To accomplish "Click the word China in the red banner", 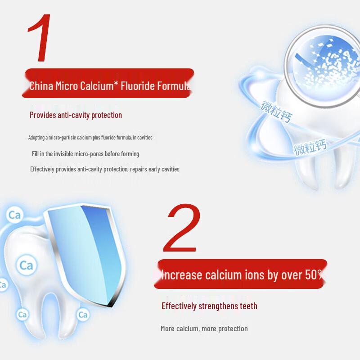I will coord(41,85).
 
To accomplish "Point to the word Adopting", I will coord(37,137).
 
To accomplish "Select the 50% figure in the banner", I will coord(313,274).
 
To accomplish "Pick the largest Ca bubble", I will coord(26,265).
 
